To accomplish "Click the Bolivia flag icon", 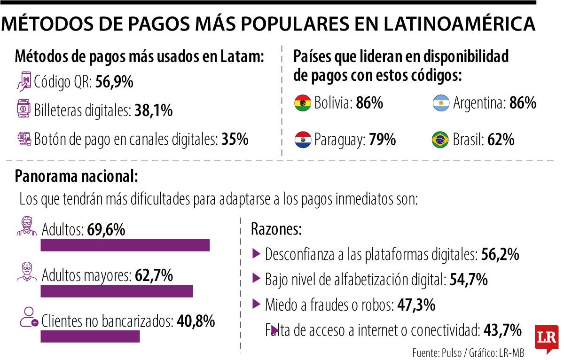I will tap(303, 103).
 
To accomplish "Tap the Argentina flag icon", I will tap(441, 103).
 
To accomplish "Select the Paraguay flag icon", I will tap(303, 140).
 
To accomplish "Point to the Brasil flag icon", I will tap(441, 140).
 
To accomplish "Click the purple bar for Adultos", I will tap(125, 245).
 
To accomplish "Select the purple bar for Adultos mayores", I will tap(117, 291).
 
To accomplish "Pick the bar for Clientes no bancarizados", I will tap(90, 337).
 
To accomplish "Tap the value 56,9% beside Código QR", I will tap(114, 83).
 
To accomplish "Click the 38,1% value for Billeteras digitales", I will tap(153, 111).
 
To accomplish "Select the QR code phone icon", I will tap(23, 82).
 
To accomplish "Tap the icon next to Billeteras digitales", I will tap(23, 110).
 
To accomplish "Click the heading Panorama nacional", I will tap(76, 176).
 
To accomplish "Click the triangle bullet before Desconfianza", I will tap(256, 254).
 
